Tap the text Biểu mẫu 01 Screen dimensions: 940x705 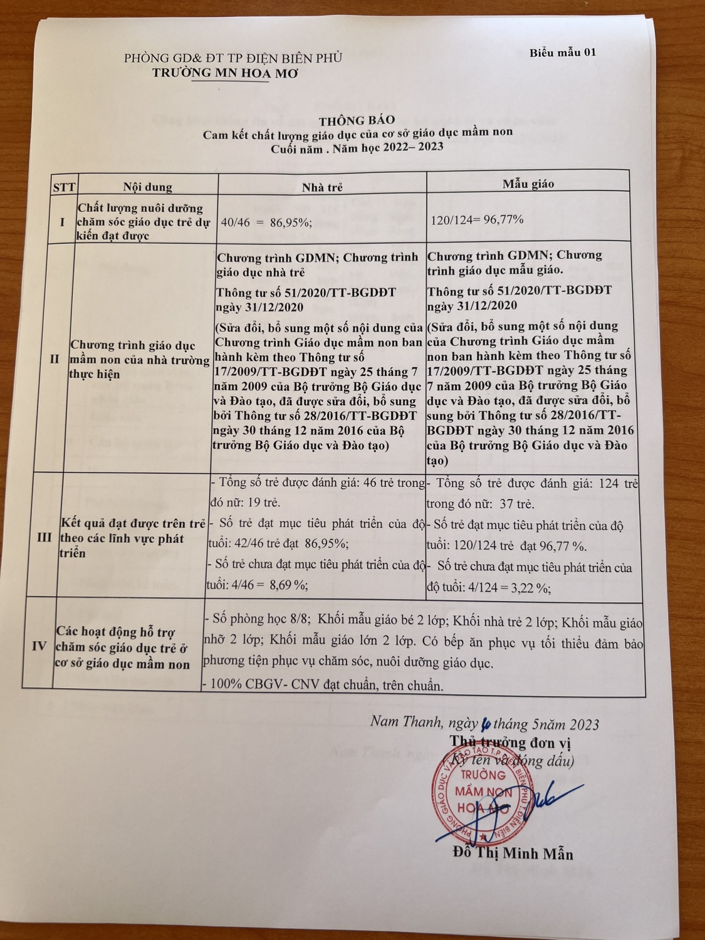pos(562,52)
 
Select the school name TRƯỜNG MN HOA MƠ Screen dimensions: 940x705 pos(226,73)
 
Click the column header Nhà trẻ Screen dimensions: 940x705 pos(322,187)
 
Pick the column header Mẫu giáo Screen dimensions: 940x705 pos(528,184)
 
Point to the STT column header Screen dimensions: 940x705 pos(64,187)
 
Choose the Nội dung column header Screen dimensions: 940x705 pos(147,187)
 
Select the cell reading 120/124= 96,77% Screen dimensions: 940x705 pos(478,220)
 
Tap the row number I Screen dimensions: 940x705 pos(61,222)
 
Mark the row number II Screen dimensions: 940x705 pos(55,359)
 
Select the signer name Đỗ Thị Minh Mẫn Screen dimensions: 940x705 pos(512,854)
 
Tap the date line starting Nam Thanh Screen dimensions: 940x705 pos(484,724)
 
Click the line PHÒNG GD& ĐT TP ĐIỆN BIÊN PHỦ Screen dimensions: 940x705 pos(233,58)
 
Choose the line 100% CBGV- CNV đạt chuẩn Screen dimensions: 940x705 pos(325,686)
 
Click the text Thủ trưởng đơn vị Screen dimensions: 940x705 pos(510,742)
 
